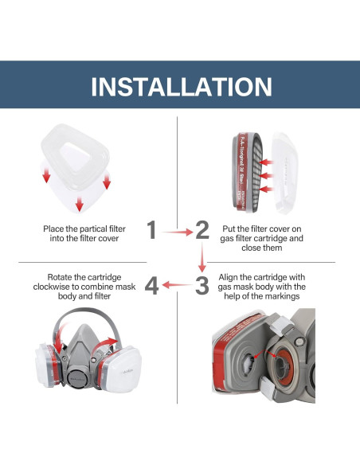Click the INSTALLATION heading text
point(180,86)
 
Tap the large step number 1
point(151,231)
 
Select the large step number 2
point(202,231)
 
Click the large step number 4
point(151,284)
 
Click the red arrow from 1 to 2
point(177,232)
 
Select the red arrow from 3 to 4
point(177,285)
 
